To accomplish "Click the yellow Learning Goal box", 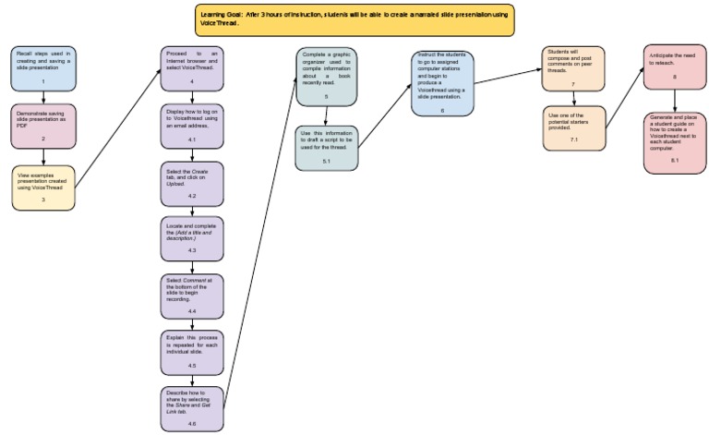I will [354, 19].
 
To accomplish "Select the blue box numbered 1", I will [43, 67].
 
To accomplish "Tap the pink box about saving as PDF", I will [43, 126].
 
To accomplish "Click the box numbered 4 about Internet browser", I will [191, 67].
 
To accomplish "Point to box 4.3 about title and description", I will [191, 238].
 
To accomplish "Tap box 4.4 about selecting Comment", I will [191, 296].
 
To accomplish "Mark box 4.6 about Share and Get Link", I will [191, 408].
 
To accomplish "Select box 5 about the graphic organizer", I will [326, 77].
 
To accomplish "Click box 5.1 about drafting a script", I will [326, 148].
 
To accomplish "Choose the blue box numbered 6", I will [442, 83].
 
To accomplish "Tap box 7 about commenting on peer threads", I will [573, 68].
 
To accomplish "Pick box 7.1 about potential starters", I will [573, 127].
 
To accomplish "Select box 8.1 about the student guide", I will [675, 143].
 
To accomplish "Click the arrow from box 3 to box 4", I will [115, 128].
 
